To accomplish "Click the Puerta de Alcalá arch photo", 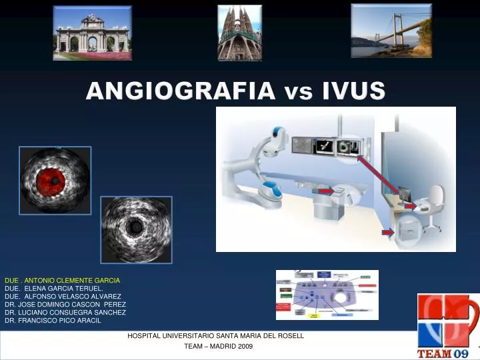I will (92, 34).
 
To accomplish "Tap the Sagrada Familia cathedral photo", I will (239, 33).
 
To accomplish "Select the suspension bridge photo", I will (391, 31).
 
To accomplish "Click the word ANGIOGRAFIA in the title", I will (179, 91).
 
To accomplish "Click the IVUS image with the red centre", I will (55, 180).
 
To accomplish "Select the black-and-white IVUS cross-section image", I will (136, 229).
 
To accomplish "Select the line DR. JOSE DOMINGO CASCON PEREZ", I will (65, 305).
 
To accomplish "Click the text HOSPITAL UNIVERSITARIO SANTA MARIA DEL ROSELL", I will (215, 336).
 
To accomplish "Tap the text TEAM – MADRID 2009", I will (218, 347).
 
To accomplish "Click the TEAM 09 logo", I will (447, 326).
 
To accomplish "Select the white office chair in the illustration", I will (433, 203).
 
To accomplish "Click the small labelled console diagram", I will (327, 295).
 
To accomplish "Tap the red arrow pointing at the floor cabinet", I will (388, 232).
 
